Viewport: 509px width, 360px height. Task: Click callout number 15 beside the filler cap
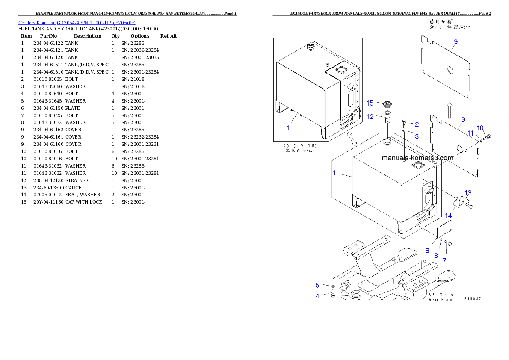click(x=370, y=103)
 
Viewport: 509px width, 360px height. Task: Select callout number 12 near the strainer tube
click(x=370, y=116)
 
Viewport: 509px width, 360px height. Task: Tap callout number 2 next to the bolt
click(x=417, y=124)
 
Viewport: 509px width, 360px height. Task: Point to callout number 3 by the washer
click(x=417, y=136)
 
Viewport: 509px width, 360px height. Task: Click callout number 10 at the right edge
click(x=480, y=128)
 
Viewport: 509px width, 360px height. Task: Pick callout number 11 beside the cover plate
click(x=471, y=133)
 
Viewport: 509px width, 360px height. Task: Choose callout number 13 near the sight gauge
click(x=468, y=193)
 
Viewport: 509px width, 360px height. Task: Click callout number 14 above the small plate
click(x=448, y=216)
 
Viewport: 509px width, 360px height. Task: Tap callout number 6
click(x=427, y=251)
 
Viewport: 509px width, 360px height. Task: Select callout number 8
click(x=436, y=256)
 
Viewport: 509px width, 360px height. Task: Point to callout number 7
click(x=444, y=260)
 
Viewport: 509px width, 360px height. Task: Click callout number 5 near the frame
click(x=317, y=285)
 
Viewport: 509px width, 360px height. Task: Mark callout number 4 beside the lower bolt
click(x=317, y=296)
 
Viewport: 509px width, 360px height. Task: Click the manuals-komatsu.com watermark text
click(x=417, y=158)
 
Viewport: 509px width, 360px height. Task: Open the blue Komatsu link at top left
click(x=77, y=23)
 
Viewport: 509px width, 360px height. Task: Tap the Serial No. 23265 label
click(x=444, y=27)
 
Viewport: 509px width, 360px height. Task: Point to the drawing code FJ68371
click(x=474, y=299)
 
